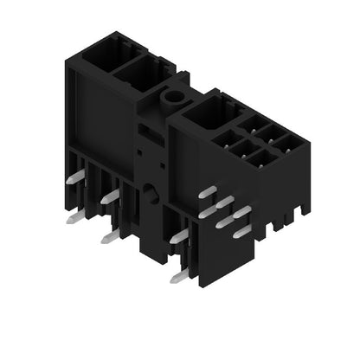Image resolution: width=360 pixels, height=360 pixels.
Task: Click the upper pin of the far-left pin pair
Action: click(x=77, y=177)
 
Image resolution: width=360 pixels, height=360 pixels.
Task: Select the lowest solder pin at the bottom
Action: click(x=180, y=275)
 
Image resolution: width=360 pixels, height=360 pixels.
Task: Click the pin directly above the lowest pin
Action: click(x=179, y=235)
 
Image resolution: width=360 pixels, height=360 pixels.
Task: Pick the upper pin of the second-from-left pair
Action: click(x=110, y=196)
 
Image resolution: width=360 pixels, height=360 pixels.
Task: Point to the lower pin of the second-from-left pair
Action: click(x=109, y=236)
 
